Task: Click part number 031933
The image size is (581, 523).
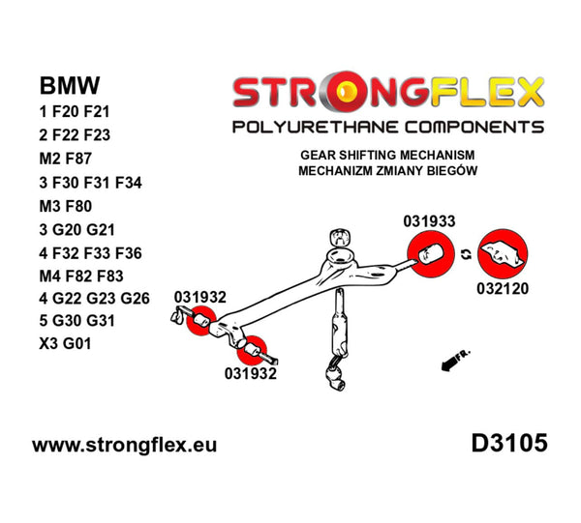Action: (x=428, y=220)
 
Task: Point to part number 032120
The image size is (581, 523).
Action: (x=505, y=288)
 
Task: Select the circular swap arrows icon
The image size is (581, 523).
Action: (x=467, y=254)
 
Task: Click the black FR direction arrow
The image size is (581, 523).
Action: (x=446, y=364)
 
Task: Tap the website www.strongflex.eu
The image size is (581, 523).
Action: (x=125, y=446)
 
